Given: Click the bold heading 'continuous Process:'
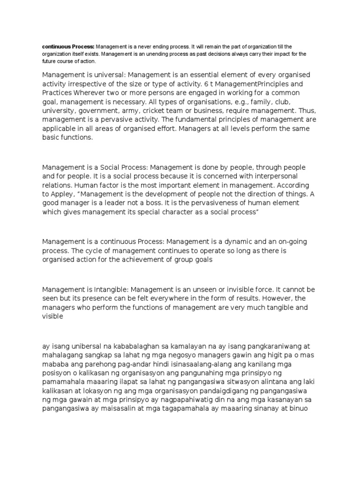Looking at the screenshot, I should pyautogui.click(x=68, y=47).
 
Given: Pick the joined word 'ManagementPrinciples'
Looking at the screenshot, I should pyautogui.click(x=251, y=84).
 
